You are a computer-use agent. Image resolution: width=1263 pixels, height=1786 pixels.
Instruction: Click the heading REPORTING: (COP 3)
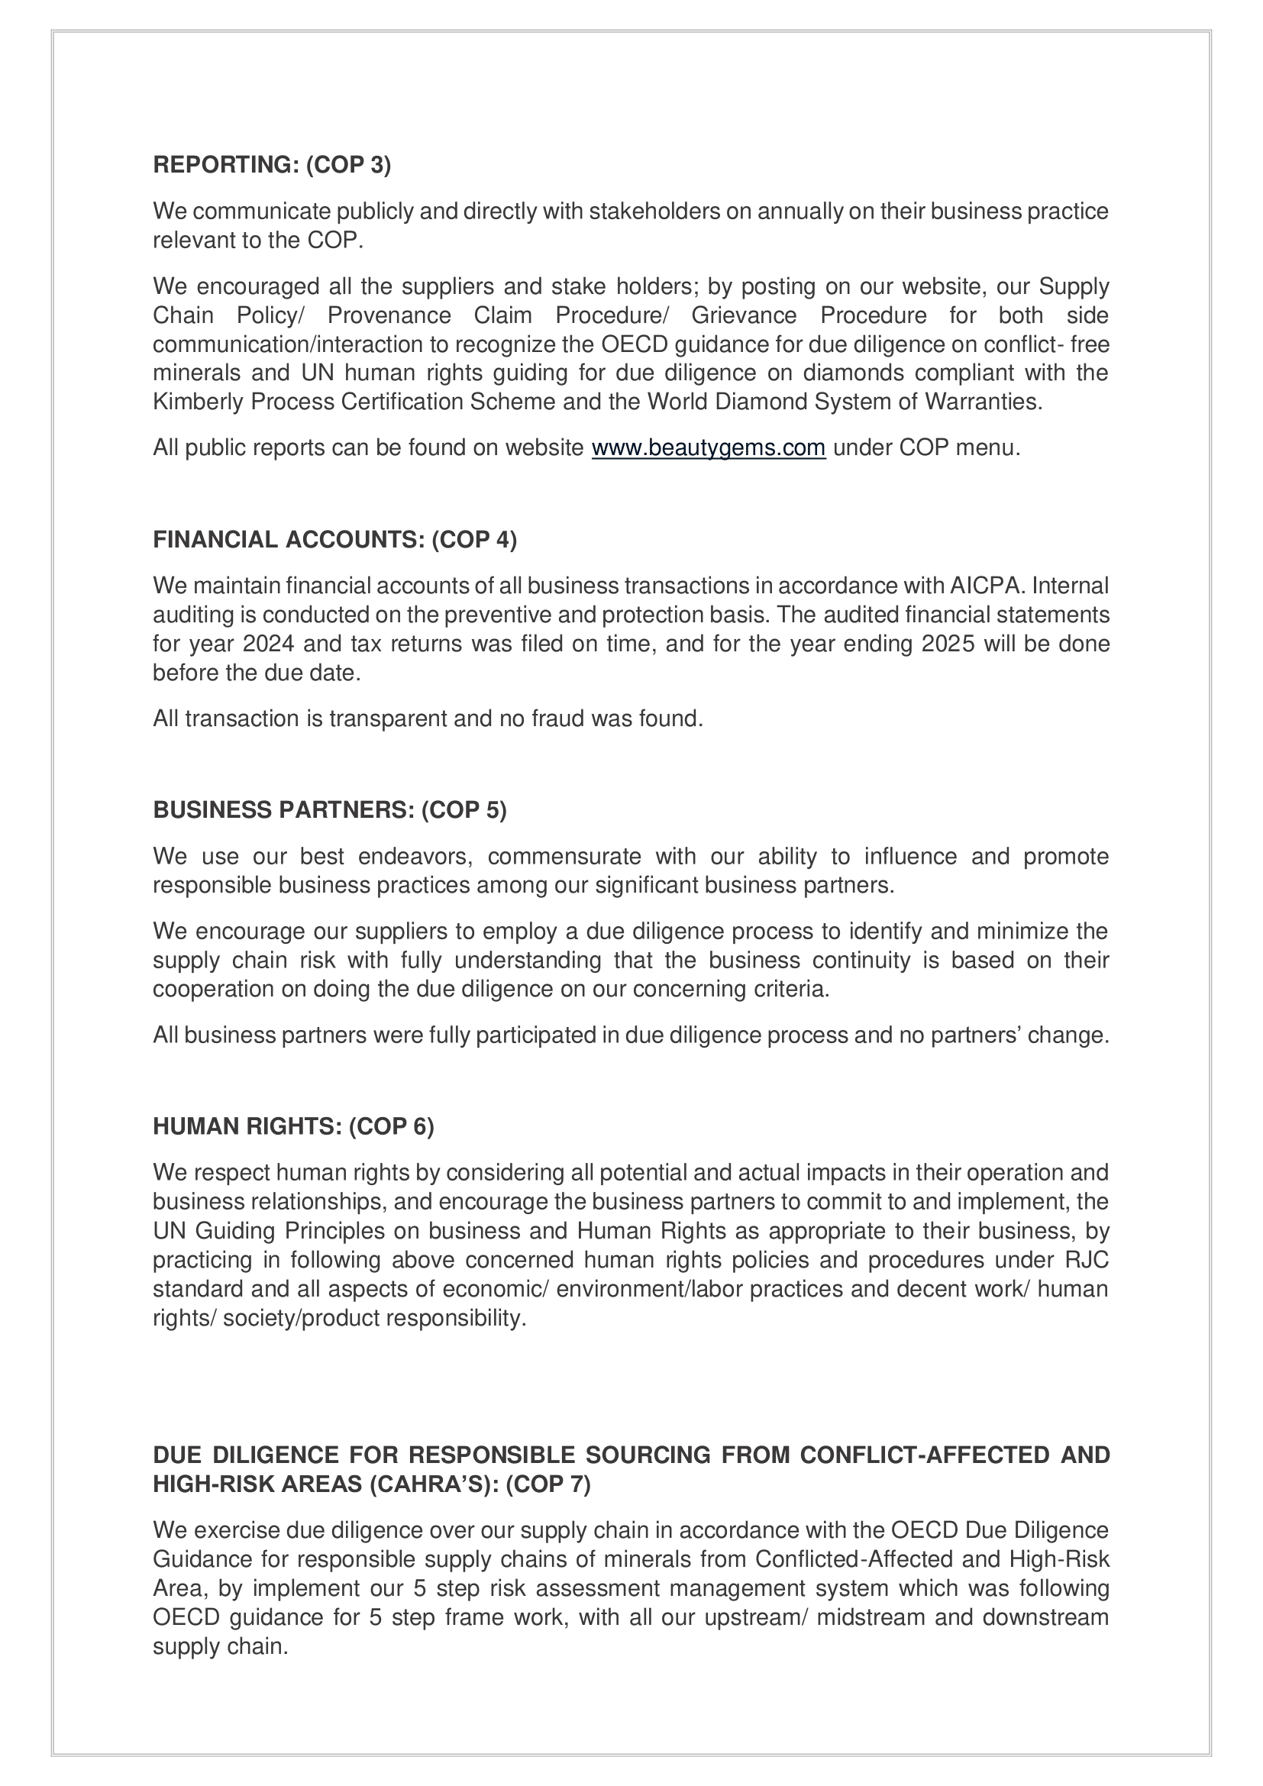271,165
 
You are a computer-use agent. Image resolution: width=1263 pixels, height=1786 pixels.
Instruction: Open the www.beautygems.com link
708,448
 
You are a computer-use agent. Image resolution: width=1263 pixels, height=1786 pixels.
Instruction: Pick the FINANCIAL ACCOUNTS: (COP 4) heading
334,539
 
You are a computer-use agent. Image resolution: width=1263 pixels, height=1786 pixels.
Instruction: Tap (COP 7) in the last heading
548,1484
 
